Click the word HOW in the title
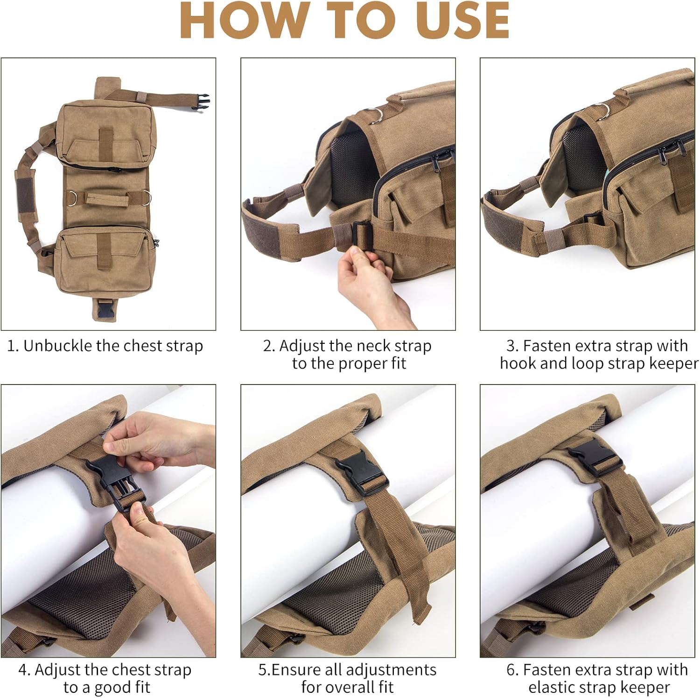pyautogui.click(x=242, y=21)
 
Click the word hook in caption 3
pyautogui.click(x=518, y=363)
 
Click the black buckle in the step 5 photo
pyautogui.click(x=361, y=475)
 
